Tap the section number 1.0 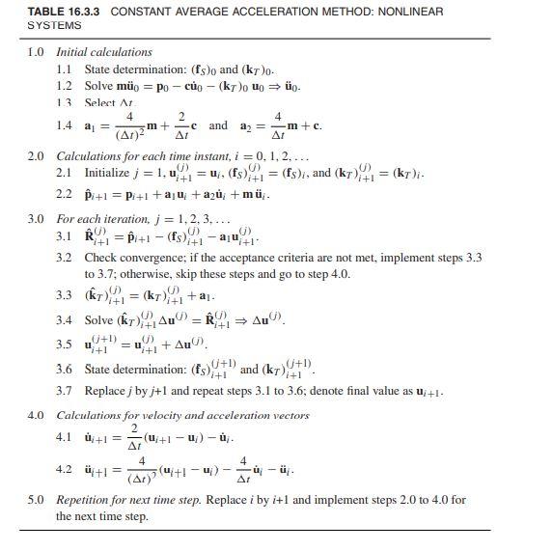pyautogui.click(x=37, y=51)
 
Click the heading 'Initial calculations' pyautogui.click(x=104, y=51)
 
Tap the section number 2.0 pyautogui.click(x=37, y=155)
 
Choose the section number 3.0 pyautogui.click(x=37, y=219)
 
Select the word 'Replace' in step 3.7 pyautogui.click(x=107, y=390)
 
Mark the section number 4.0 pyautogui.click(x=37, y=414)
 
